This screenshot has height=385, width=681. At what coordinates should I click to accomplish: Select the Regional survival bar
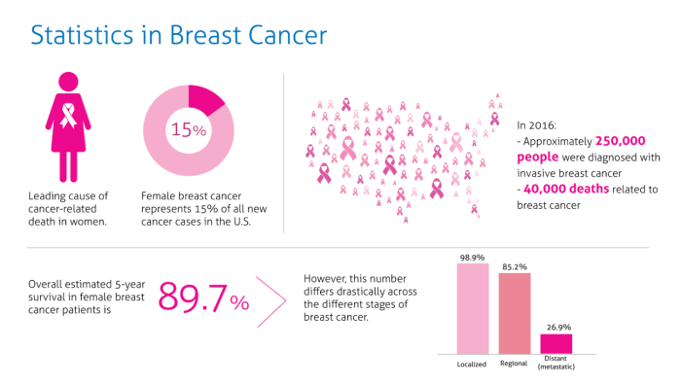coord(515,313)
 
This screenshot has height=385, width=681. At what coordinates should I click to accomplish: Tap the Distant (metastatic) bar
coord(556,343)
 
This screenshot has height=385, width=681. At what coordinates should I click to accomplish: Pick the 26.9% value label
coord(556,328)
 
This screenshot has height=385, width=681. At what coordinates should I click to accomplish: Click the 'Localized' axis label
coord(472,365)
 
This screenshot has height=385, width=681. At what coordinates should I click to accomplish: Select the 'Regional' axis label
coord(515,364)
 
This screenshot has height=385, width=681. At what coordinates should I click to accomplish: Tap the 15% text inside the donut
coord(188,129)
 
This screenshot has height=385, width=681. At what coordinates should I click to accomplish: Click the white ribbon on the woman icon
coord(69,118)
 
